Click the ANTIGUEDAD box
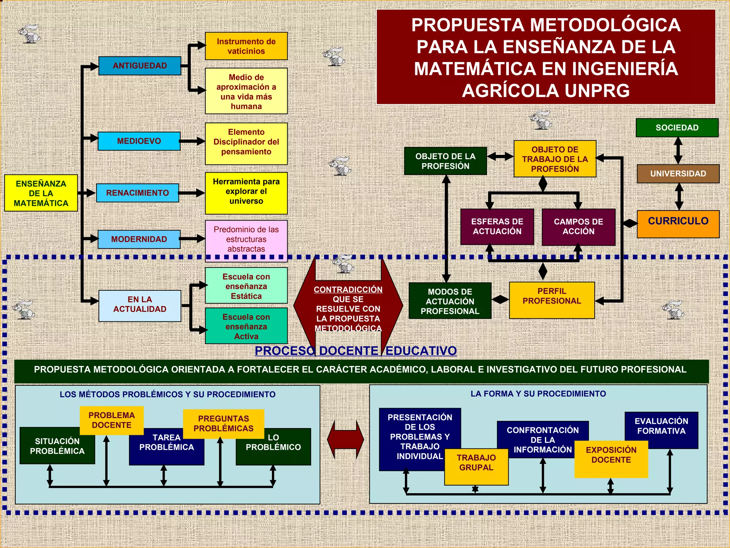click(x=140, y=66)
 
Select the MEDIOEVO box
click(x=139, y=141)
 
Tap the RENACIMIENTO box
click(x=138, y=193)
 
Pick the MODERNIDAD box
click(x=139, y=239)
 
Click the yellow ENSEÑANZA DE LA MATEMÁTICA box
click(x=41, y=193)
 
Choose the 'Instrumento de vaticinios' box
click(x=246, y=46)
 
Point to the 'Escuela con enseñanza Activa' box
click(x=246, y=326)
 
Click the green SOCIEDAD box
click(x=677, y=128)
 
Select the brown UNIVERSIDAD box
click(x=678, y=174)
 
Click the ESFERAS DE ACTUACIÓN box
click(x=497, y=227)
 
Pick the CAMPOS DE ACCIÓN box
click(x=578, y=227)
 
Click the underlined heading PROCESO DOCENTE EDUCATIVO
click(x=355, y=351)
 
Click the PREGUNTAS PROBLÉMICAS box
click(x=223, y=423)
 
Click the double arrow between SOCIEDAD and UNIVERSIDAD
click(x=678, y=151)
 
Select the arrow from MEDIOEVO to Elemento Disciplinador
click(x=192, y=141)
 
